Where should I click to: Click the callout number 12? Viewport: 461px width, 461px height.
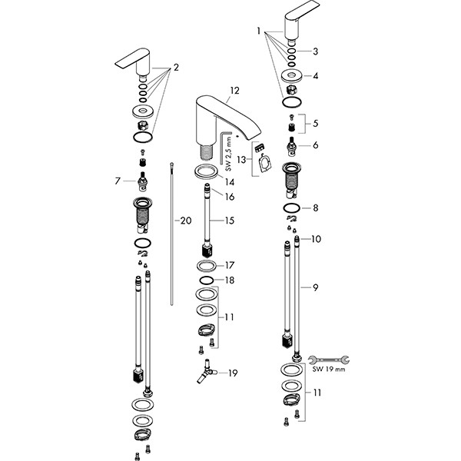[x=234, y=91]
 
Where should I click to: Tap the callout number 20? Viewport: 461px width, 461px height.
[x=184, y=221]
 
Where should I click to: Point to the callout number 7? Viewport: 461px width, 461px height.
[x=117, y=181]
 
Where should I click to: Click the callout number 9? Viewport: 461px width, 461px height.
[x=314, y=288]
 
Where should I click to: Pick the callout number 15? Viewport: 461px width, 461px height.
[x=229, y=221]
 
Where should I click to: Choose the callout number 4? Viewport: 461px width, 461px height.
[x=313, y=75]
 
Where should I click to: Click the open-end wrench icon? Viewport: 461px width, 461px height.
[x=328, y=357]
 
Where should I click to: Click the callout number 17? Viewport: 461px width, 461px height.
[x=229, y=265]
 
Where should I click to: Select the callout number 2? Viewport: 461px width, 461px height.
[x=175, y=68]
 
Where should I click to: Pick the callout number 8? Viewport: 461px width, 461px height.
[x=314, y=207]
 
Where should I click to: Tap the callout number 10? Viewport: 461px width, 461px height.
[x=317, y=240]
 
